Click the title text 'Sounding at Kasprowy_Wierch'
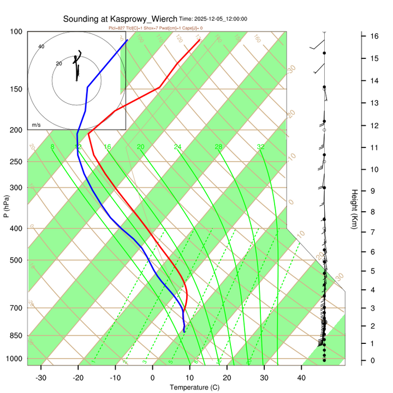click(120, 19)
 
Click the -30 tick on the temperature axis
click(41, 378)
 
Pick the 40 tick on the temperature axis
click(301, 378)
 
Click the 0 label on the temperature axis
click(152, 378)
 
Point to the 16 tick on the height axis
click(375, 36)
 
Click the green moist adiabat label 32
click(261, 147)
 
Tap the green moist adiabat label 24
click(177, 147)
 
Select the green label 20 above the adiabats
click(140, 147)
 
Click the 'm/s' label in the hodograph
click(36, 125)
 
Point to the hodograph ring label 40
click(41, 47)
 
